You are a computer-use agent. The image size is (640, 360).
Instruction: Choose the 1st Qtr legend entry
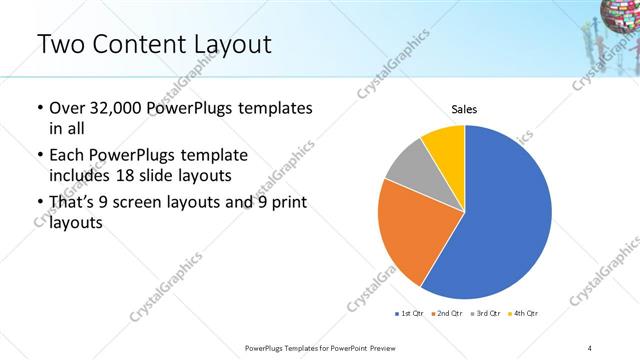pos(409,314)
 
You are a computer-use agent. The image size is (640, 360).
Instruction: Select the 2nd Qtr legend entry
pos(446,314)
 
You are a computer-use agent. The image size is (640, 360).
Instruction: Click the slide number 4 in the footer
pos(591,347)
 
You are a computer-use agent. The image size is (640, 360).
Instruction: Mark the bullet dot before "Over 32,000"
pos(38,108)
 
